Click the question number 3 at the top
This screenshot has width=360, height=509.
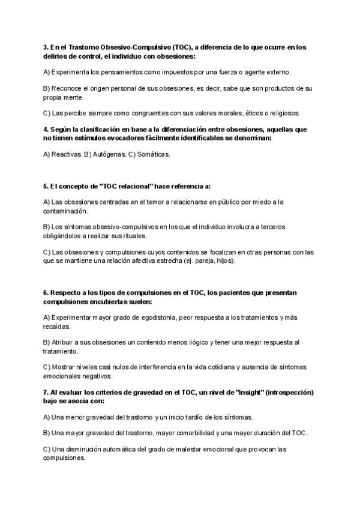46,47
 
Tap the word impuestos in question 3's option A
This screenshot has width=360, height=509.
173,72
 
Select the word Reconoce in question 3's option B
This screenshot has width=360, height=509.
66,88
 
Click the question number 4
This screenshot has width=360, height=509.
46,129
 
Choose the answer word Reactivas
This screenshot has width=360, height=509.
67,154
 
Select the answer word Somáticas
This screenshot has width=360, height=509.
154,154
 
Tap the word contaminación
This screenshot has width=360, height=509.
65,211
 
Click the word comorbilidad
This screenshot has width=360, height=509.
188,432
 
